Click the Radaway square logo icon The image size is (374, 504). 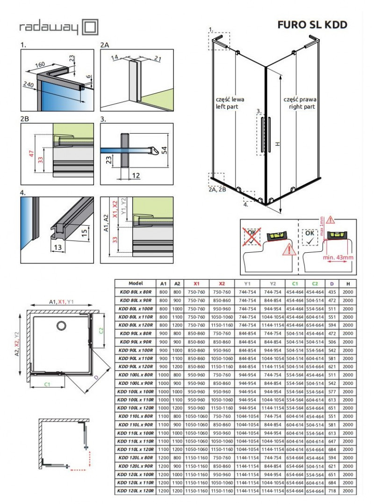(x=90, y=27)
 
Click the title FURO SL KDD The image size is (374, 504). (x=312, y=25)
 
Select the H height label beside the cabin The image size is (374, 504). (x=277, y=144)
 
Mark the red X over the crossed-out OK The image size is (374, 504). (x=252, y=237)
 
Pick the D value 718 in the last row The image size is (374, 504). (x=331, y=491)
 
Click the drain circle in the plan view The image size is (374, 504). (x=61, y=326)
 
